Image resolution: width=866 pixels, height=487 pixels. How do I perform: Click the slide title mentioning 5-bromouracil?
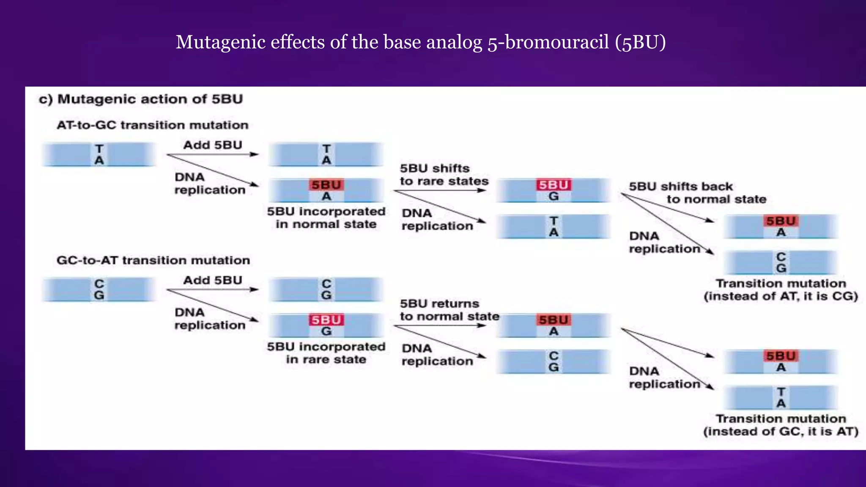pos(420,42)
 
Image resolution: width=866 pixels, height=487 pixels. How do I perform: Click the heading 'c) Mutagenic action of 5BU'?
pos(141,99)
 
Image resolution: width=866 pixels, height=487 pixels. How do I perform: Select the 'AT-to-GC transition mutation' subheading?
pos(152,125)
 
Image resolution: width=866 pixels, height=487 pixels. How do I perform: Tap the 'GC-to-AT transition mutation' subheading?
pos(153,260)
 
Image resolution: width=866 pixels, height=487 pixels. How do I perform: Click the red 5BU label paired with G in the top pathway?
pos(554,185)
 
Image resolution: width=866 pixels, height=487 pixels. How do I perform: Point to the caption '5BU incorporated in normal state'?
pos(326,218)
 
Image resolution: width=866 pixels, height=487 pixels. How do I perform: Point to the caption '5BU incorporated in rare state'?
pos(326,353)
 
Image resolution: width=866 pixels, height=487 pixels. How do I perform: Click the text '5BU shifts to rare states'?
pos(444,175)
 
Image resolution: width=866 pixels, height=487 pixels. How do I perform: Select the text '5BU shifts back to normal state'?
pos(697,193)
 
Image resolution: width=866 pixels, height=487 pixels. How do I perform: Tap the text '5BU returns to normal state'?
pos(449,310)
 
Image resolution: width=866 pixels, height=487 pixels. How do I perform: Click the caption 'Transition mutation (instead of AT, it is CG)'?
pos(781,290)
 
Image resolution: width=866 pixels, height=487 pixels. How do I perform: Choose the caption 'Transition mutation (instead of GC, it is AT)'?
pos(781,425)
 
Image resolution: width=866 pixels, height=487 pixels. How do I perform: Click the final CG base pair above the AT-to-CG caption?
pos(781,263)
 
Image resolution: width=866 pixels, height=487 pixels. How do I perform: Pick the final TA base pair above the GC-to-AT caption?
pos(781,397)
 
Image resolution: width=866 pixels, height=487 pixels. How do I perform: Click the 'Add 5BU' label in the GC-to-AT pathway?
pos(212,280)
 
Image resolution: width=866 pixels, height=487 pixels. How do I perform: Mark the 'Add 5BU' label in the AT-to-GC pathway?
pos(212,145)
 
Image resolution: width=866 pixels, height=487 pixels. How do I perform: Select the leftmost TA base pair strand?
pos(99,155)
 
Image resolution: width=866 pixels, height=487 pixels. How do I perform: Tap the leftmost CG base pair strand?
pos(99,290)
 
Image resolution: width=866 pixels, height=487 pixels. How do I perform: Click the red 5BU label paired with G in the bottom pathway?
pos(326,320)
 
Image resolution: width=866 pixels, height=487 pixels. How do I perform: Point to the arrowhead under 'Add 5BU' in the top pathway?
pos(255,155)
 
